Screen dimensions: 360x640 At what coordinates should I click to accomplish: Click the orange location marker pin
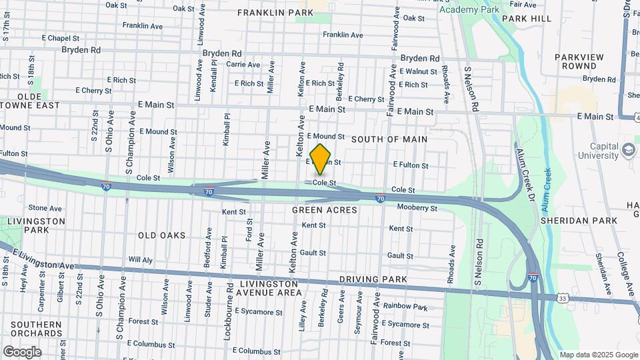(321, 159)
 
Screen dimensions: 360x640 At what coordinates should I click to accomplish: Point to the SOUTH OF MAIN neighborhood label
(389, 139)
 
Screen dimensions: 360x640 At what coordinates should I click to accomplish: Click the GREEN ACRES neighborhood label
(325, 210)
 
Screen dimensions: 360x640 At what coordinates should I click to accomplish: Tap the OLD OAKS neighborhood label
(161, 235)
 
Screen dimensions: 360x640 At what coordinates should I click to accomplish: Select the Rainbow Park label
(405, 307)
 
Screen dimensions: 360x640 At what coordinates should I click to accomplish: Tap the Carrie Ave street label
(243, 65)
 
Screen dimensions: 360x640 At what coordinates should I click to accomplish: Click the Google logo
(21, 352)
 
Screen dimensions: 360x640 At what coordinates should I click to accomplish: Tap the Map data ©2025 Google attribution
(597, 355)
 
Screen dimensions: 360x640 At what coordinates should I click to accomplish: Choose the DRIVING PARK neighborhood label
(368, 279)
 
